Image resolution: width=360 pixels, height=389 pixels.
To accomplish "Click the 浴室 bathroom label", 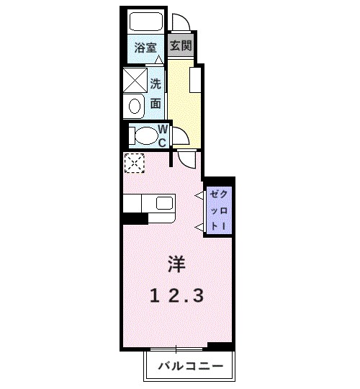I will point(146,49).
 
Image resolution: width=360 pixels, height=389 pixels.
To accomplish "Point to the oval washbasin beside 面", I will point(134,107).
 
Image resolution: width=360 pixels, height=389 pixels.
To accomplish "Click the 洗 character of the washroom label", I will point(156,84).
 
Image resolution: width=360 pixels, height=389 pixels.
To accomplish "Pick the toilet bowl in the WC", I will point(144,135).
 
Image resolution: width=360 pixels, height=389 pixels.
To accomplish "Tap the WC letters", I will point(163,136).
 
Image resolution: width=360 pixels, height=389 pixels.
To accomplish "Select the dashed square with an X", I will point(133,164).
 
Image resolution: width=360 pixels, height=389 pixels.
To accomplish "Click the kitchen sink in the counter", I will point(163,203).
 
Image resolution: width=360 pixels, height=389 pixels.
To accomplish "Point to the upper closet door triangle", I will point(199,195).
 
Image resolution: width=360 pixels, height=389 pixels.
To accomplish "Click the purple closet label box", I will point(218,210).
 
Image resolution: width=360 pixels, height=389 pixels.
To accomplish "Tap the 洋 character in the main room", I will point(177,264).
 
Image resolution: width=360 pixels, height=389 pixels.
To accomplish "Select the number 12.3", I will point(177,295).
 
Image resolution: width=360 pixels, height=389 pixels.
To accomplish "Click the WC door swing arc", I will point(181,136).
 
